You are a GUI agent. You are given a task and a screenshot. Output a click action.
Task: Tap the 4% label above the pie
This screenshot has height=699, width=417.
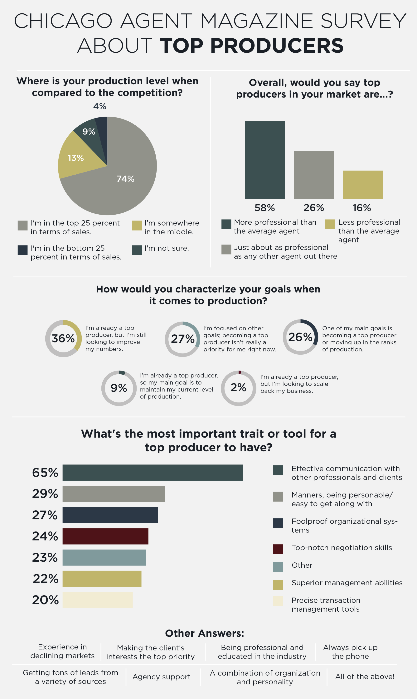pos(100,106)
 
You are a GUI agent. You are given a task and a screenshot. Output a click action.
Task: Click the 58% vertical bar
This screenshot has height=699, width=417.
pos(265,160)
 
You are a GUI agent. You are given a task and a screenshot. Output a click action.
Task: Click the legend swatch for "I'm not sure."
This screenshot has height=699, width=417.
pos(137,250)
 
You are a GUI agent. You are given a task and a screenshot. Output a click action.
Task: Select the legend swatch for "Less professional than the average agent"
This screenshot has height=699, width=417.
pos(330,224)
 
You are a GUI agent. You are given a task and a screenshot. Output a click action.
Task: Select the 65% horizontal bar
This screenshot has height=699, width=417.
pos(153,472)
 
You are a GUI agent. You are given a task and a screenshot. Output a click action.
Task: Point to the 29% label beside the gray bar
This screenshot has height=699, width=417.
pos(45,494)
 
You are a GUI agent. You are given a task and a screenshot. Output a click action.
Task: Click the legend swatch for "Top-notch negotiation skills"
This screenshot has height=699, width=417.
pos(278,549)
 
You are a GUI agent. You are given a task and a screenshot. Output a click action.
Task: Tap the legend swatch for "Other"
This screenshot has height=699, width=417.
pos(278,567)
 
